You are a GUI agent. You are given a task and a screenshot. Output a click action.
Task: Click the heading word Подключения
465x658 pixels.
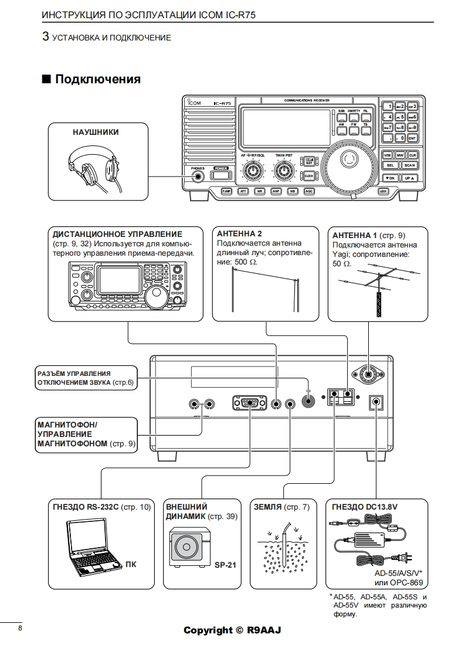[97, 79]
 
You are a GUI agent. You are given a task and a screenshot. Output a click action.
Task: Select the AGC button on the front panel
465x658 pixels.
[309, 191]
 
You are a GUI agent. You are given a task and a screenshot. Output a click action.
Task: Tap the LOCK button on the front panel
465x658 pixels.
[383, 191]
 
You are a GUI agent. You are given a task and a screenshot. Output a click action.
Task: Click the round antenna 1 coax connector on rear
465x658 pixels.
[367, 373]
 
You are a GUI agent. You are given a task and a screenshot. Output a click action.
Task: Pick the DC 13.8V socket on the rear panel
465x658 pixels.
[375, 403]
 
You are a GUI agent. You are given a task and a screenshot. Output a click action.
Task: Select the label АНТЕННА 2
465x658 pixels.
[239, 233]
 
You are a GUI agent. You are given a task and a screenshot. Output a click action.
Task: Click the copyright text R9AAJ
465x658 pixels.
[264, 630]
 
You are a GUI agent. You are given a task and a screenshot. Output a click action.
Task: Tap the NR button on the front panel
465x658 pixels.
[260, 191]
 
